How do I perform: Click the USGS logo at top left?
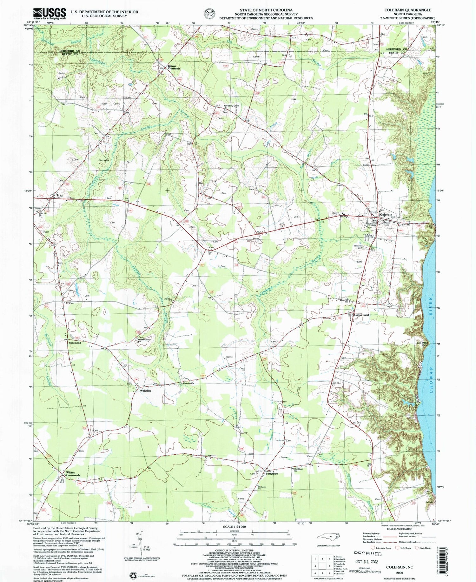tap(50, 14)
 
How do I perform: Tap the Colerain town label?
tap(386, 215)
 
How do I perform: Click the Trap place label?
tap(60, 195)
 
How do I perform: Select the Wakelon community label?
tap(145, 391)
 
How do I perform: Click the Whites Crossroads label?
tap(73, 474)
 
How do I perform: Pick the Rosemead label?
tap(75, 343)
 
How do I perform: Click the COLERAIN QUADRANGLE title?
tap(407, 10)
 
